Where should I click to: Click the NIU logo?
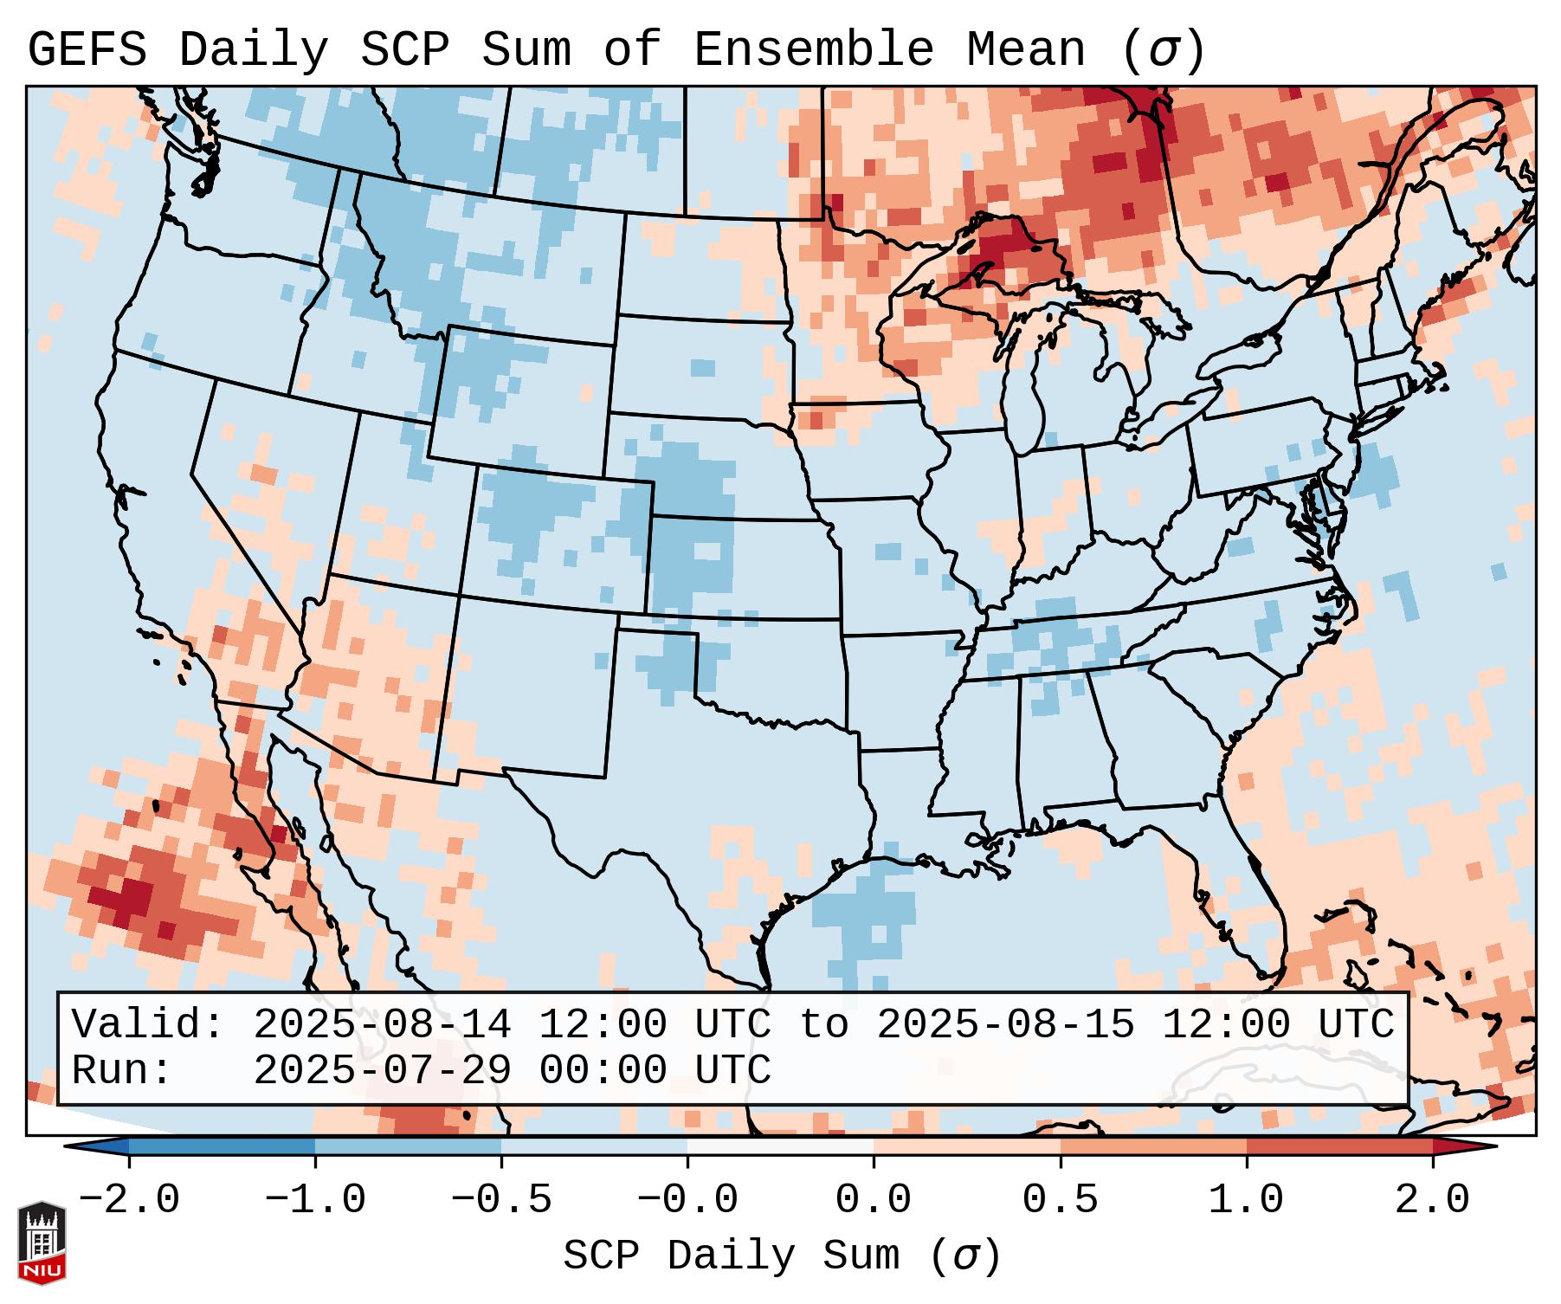(42, 1243)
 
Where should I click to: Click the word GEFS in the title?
(87, 50)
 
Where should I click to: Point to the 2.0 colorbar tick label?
(1432, 1200)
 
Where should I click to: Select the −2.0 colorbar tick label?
(129, 1200)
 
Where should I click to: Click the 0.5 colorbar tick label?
(1060, 1200)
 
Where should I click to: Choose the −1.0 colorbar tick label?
(315, 1200)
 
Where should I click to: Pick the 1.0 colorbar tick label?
(1246, 1200)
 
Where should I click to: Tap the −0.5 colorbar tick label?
(501, 1200)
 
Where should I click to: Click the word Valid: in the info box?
(148, 1024)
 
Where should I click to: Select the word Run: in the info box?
(122, 1070)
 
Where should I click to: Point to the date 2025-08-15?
(1005, 1024)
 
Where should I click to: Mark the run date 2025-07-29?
(382, 1070)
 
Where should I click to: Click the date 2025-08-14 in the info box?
(382, 1024)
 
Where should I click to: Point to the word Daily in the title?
(254, 50)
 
